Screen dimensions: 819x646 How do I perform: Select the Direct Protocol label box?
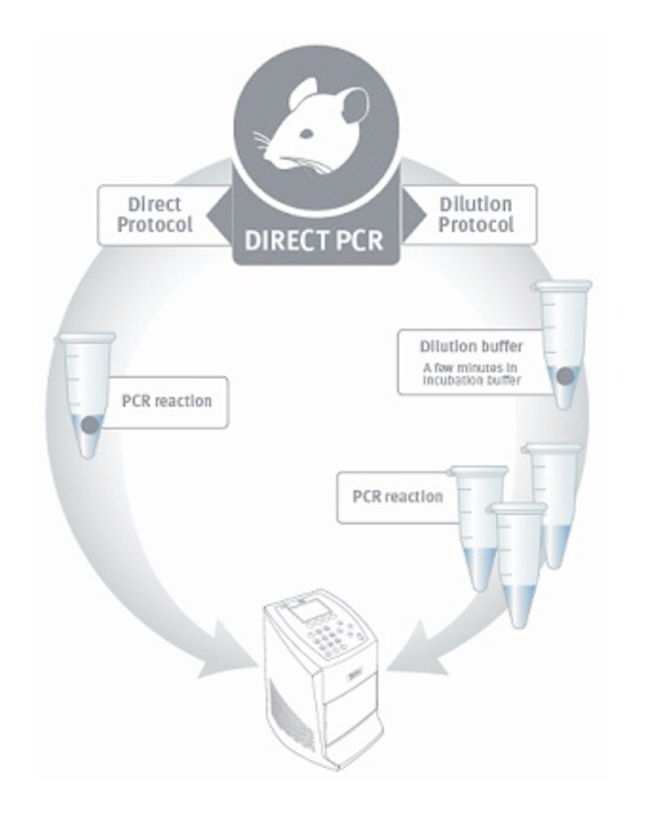click(154, 215)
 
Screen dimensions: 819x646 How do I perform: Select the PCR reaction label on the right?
click(398, 494)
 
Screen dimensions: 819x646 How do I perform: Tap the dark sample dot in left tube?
click(88, 424)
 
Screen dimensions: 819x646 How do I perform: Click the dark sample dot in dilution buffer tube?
click(564, 378)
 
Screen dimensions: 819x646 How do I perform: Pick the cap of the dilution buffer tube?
click(563, 287)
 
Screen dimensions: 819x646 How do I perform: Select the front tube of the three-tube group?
click(518, 567)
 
